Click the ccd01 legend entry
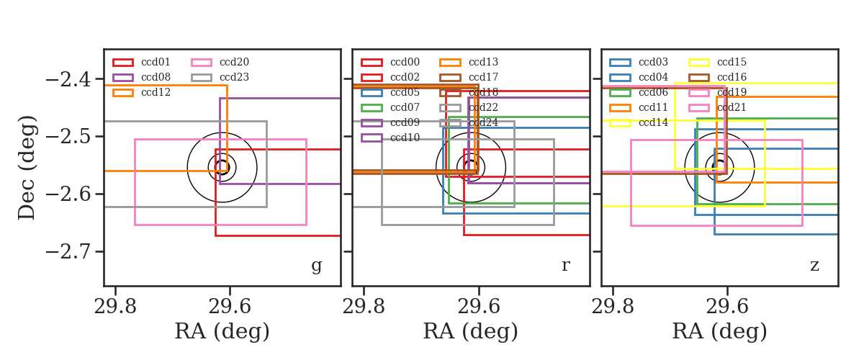(x=141, y=62)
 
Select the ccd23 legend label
(x=234, y=77)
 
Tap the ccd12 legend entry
(x=141, y=92)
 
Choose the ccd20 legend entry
(x=220, y=62)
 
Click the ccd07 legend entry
(x=390, y=107)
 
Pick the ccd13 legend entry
(x=469, y=62)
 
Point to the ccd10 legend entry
(x=390, y=138)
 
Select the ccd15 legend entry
(x=717, y=62)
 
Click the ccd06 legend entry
(x=639, y=92)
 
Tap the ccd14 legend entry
(x=639, y=122)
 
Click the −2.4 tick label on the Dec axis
(x=68, y=79)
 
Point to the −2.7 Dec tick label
(x=68, y=251)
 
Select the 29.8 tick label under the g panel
(x=115, y=307)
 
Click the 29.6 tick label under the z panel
(x=727, y=307)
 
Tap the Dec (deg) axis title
(x=27, y=168)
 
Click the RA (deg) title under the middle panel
(x=471, y=331)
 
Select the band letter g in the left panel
(x=316, y=266)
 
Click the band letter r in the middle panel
(x=565, y=266)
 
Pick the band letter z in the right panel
(x=814, y=266)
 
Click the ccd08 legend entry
(x=141, y=77)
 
